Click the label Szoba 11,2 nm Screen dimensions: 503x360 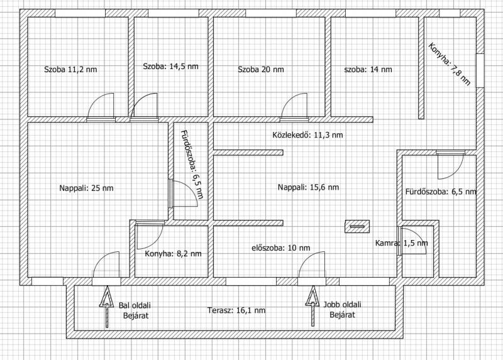tap(70, 69)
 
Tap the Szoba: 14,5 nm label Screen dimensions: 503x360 tap(170, 67)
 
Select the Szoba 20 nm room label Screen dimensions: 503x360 tap(261, 69)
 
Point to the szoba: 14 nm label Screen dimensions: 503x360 tap(368, 69)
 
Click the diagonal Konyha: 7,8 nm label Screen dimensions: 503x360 tap(450, 64)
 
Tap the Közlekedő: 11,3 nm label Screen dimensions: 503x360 tap(307, 135)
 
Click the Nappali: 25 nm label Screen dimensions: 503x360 tap(86, 188)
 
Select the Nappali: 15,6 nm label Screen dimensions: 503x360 tap(308, 187)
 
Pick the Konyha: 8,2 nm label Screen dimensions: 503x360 tap(174, 254)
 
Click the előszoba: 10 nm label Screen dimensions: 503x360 tap(280, 248)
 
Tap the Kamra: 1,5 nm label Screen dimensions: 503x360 tap(401, 243)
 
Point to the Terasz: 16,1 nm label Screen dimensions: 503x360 tap(236, 310)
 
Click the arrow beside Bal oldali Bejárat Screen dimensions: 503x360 tap(107, 307)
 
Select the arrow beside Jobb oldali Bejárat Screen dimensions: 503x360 tap(312, 306)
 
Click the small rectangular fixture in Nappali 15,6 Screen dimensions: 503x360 tap(357, 226)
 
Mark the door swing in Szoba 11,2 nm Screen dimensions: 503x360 tap(101, 106)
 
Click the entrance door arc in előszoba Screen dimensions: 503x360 tap(311, 265)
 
